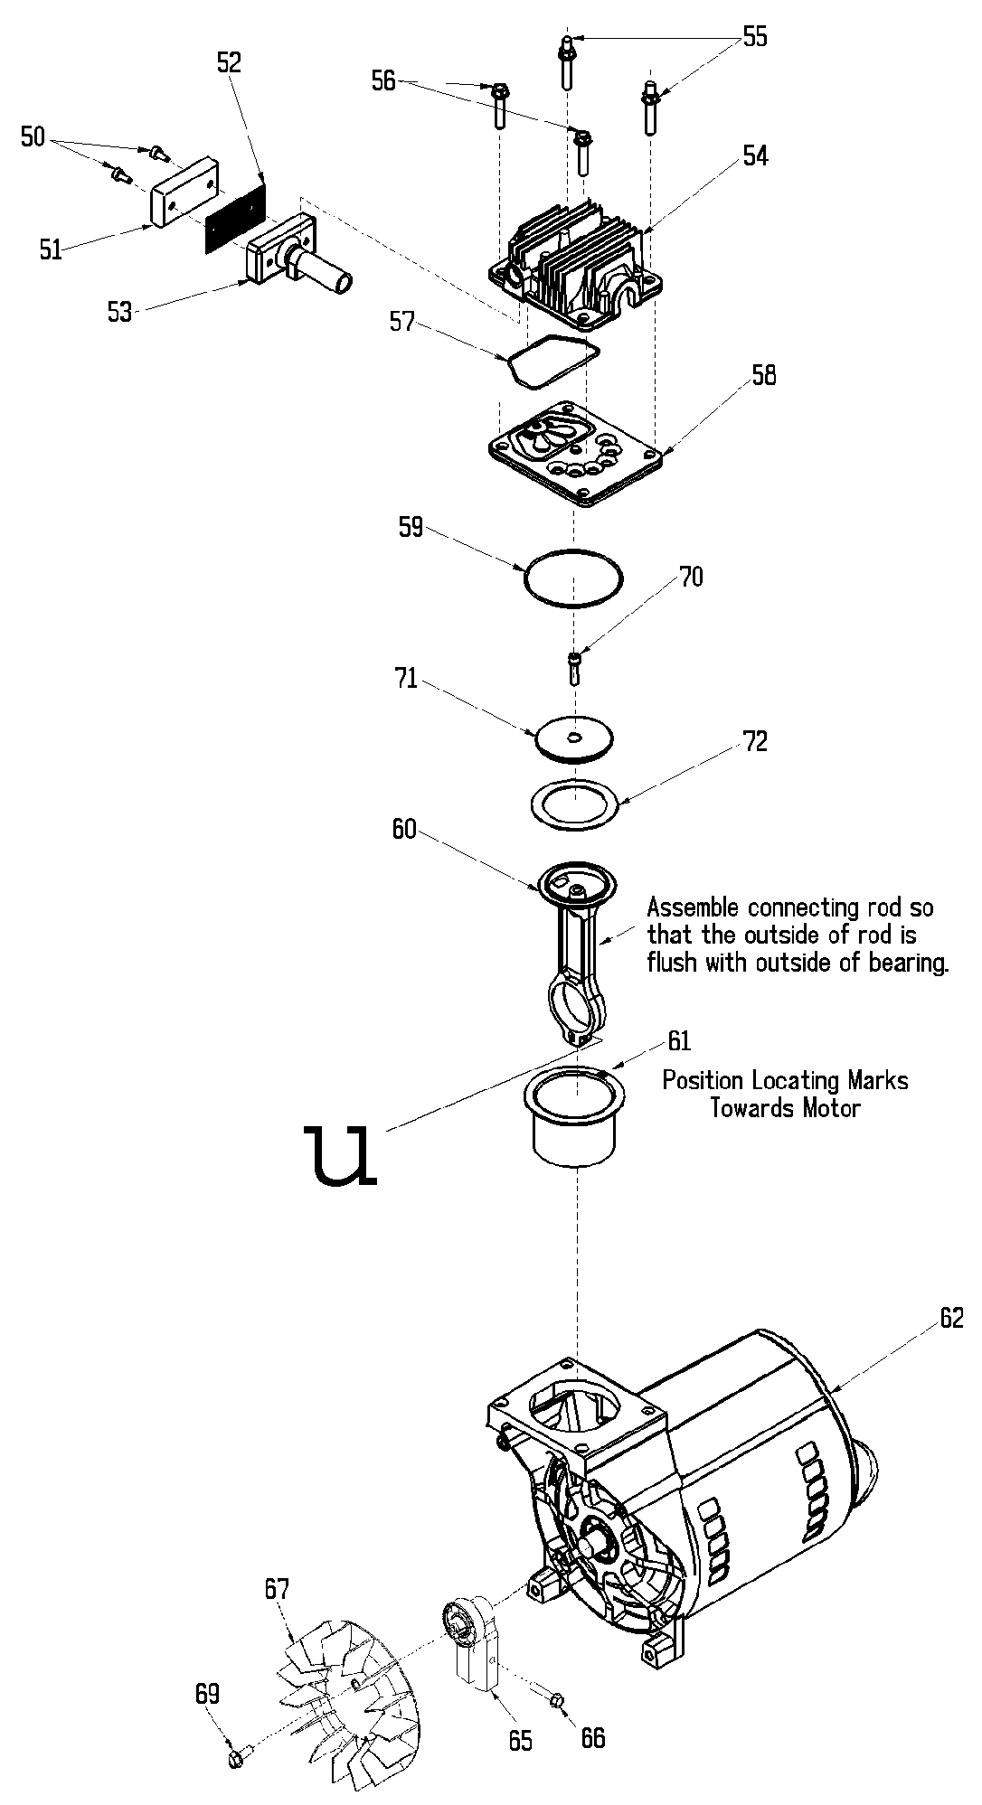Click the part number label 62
tap(952, 1319)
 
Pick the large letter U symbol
tap(342, 1155)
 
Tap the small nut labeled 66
tap(557, 1701)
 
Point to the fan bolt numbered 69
tap(234, 1757)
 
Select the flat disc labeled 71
tap(573, 739)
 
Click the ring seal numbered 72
tap(573, 804)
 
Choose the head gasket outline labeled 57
tap(552, 362)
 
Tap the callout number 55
tap(754, 37)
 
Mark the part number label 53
tap(119, 313)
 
